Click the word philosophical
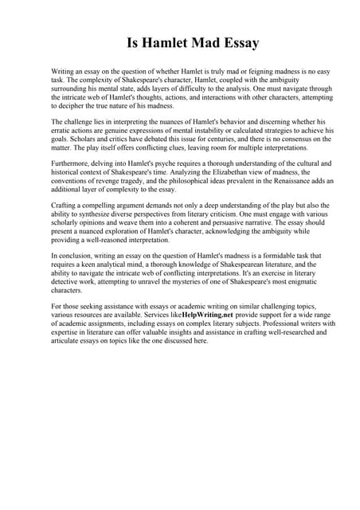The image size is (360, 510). click(173, 181)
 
